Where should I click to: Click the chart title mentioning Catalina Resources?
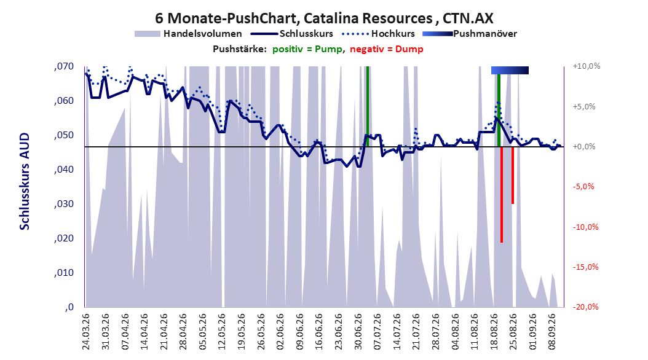pos(324,18)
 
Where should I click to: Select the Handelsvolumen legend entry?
pos(189,34)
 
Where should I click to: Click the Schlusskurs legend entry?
pos(292,34)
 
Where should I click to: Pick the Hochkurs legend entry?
pos(378,34)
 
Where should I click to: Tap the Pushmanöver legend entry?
pos(470,34)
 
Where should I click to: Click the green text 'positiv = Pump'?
pos(307,49)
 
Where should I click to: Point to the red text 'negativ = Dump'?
pos(387,49)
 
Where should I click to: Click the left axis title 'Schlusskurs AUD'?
pos(25,181)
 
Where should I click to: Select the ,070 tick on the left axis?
pos(64,66)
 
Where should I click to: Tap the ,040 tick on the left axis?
pos(64,170)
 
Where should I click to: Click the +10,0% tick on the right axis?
pos(587,66)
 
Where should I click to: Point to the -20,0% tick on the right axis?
pos(585,307)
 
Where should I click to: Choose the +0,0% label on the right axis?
pos(584,147)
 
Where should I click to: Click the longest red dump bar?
pos(502,195)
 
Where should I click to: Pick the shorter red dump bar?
pos(513,175)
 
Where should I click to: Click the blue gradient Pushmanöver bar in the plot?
pos(510,70)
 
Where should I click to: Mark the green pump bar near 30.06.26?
pos(368,106)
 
